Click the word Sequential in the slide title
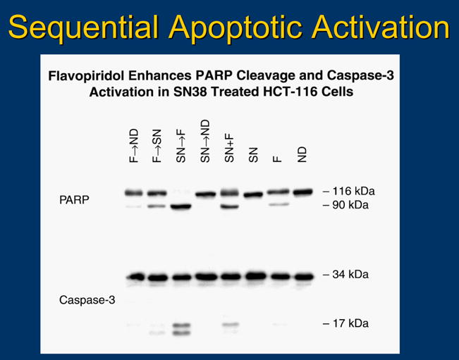pyautogui.click(x=83, y=27)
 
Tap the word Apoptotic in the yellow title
pyautogui.click(x=235, y=27)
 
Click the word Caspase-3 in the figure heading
pyautogui.click(x=360, y=75)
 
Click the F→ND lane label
pyautogui.click(x=133, y=146)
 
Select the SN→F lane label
pyautogui.click(x=181, y=146)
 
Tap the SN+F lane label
pyautogui.click(x=229, y=148)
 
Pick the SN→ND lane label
pyautogui.click(x=205, y=141)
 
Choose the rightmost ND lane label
pyautogui.click(x=302, y=154)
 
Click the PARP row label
pyautogui.click(x=74, y=200)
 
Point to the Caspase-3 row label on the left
pyautogui.click(x=87, y=300)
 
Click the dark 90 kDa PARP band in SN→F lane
pyautogui.click(x=181, y=206)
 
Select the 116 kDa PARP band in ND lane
pyautogui.click(x=302, y=192)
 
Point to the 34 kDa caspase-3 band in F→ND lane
pyautogui.click(x=135, y=277)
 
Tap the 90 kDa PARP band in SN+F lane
pyautogui.click(x=229, y=206)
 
